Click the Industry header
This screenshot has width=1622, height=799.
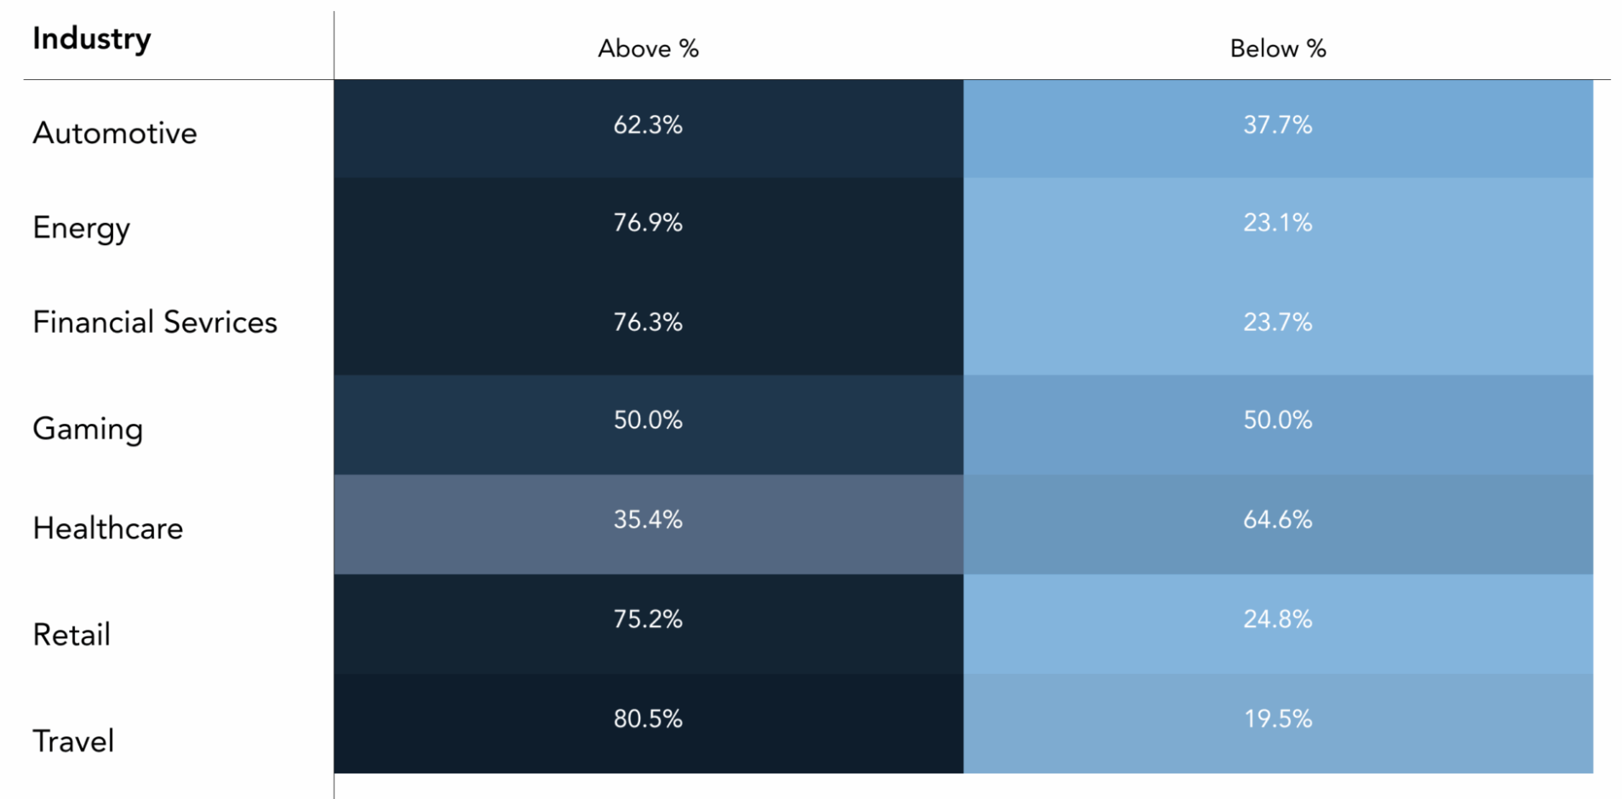tap(91, 39)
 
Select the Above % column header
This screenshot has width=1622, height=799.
tap(648, 49)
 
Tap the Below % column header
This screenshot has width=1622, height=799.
tap(1277, 49)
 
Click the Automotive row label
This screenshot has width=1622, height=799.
tap(115, 134)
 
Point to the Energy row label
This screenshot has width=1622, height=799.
tap(82, 228)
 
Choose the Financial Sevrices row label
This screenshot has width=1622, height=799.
tap(155, 322)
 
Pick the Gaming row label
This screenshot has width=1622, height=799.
tap(88, 429)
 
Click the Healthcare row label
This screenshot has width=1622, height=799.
tap(108, 528)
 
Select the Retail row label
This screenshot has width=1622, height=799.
tap(72, 635)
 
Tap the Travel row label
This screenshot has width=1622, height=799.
tap(73, 741)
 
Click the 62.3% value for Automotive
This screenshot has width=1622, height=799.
tap(648, 125)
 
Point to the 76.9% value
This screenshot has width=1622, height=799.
tap(648, 223)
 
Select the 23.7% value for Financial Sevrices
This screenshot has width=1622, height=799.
tap(1277, 322)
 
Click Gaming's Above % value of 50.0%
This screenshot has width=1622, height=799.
tap(648, 420)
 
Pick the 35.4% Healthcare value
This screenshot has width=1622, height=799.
tap(648, 520)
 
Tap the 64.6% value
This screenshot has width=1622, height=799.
tap(1277, 520)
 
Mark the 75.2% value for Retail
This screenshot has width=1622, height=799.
tap(648, 619)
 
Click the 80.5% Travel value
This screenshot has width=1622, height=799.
tap(648, 719)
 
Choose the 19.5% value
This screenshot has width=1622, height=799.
tap(1277, 719)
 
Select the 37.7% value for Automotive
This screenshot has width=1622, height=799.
tap(1277, 125)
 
